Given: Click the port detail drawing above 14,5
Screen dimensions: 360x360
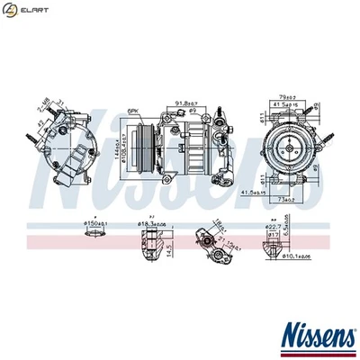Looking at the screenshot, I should [151, 240].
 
